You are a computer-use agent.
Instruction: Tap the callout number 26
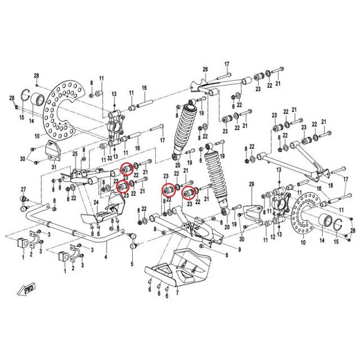pyautogui.click(x=205, y=70)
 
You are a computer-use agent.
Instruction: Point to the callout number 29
pyautogui.click(x=252, y=184)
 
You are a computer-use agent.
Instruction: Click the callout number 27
pyautogui.click(x=24, y=188)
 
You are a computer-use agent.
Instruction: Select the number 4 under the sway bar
pyautogui.click(x=105, y=258)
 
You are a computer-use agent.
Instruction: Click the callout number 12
pyautogui.click(x=273, y=237)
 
